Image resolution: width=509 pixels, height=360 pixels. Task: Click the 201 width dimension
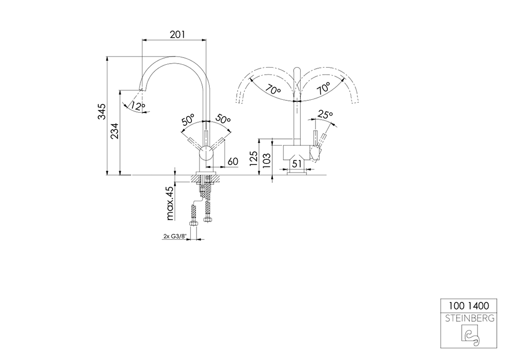pyautogui.click(x=176, y=34)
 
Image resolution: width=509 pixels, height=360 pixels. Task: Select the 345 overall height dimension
pyautogui.click(x=102, y=112)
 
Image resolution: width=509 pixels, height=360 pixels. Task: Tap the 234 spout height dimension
pyautogui.click(x=116, y=131)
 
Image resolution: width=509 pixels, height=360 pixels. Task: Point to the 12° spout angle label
pyautogui.click(x=138, y=106)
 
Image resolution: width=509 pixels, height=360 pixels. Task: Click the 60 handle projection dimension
pyautogui.click(x=232, y=161)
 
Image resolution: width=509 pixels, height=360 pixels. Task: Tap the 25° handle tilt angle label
pyautogui.click(x=325, y=115)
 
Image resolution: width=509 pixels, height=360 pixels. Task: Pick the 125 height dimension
pyautogui.click(x=253, y=159)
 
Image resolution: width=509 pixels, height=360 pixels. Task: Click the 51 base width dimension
pyautogui.click(x=298, y=163)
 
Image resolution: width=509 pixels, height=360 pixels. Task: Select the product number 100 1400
pyautogui.click(x=468, y=306)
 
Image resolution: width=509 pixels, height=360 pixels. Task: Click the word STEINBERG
pyautogui.click(x=468, y=319)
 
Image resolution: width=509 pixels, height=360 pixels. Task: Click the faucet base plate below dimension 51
pyautogui.click(x=298, y=173)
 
